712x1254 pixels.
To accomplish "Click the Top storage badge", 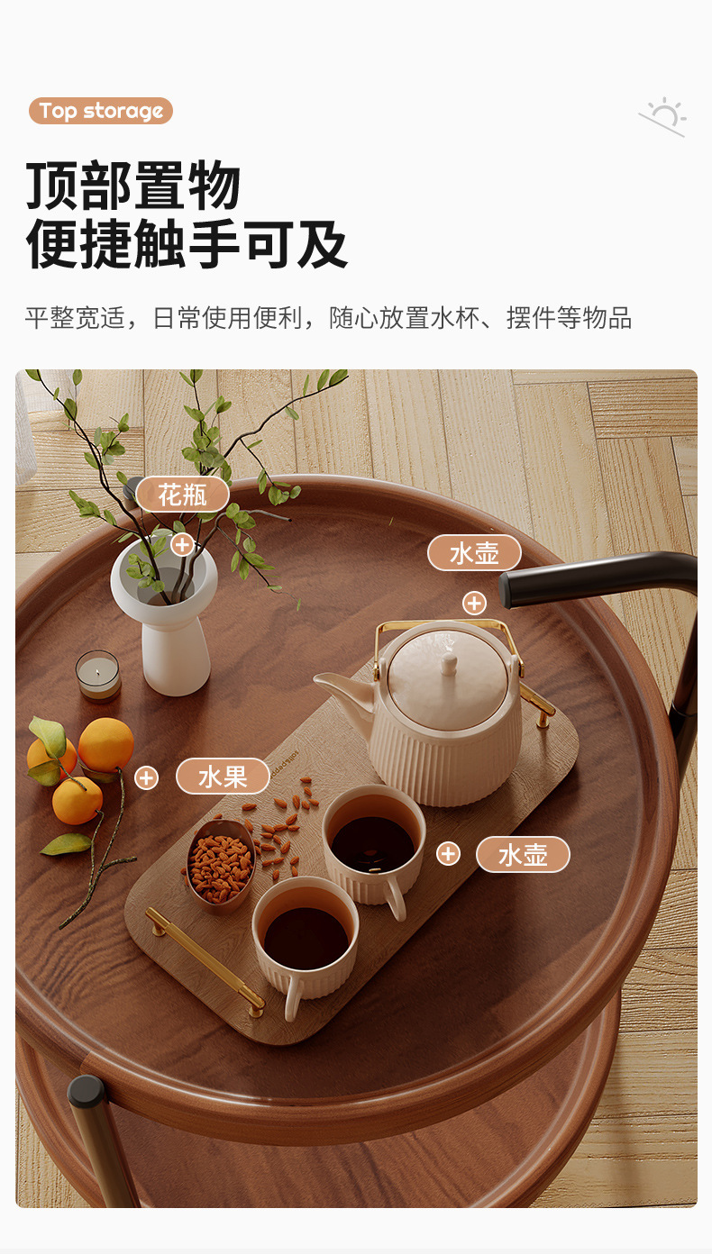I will coord(100,112).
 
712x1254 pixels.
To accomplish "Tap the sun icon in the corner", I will coord(664,117).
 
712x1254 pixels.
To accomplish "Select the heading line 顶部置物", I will coord(133,186).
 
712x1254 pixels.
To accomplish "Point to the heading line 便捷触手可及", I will coord(187,243).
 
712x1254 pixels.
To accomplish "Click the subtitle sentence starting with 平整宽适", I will coord(328,318).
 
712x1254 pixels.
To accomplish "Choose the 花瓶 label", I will coord(183,495).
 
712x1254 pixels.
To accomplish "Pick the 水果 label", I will coord(223,777).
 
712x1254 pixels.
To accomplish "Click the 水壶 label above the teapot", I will coord(474,553).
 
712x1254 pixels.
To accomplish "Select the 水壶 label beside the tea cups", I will coord(523,854).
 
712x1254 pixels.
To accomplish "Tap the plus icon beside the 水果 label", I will coord(146,777).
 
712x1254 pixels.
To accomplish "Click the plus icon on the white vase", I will coord(183,543).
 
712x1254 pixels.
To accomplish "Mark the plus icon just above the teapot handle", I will coord(474,603).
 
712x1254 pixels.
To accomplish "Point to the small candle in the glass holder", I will coord(97,676).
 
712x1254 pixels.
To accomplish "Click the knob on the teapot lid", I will coord(449,663).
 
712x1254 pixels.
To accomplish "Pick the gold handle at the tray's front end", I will coord(205,959).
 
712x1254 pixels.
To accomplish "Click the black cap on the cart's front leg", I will coord(87,1093).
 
